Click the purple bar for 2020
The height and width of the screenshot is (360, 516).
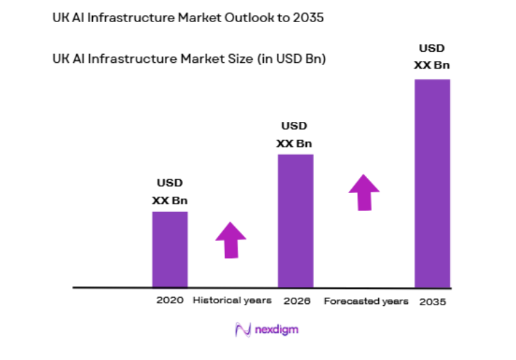tap(170, 249)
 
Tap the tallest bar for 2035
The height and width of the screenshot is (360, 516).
tap(432, 183)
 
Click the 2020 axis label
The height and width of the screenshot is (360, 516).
tap(170, 301)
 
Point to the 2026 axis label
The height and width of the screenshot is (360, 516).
tap(297, 301)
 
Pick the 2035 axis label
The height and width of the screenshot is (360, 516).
tap(433, 302)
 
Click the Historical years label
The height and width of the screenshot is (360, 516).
tap(232, 301)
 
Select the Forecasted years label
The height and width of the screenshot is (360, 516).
tap(366, 302)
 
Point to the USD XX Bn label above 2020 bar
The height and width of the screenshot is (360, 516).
tap(170, 192)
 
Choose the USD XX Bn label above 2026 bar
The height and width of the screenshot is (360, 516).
tap(294, 135)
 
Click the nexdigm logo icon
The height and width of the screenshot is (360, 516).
tap(242, 330)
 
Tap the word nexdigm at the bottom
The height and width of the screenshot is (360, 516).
tap(276, 330)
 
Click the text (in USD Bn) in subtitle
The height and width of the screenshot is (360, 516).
tap(292, 60)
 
